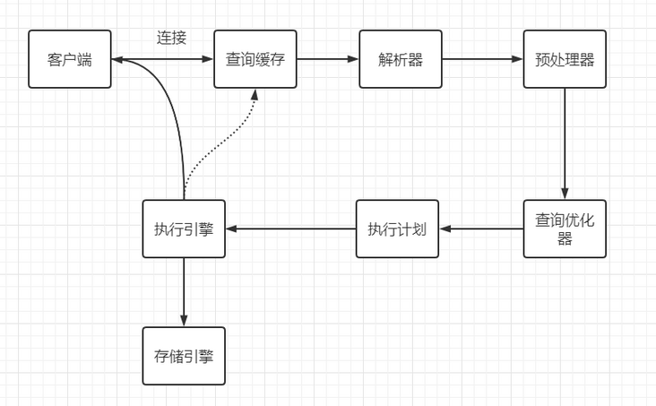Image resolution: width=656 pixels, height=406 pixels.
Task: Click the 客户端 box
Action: coord(70,59)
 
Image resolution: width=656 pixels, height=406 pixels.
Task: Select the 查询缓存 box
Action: coord(255,59)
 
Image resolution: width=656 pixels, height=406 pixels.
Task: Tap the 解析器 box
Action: coord(401,59)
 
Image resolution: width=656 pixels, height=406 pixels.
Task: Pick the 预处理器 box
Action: coord(565,59)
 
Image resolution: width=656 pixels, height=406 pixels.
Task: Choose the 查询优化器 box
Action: coord(565,229)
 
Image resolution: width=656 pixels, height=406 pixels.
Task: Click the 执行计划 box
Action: coord(397,229)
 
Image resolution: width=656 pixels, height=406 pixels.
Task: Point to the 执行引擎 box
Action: coord(184,229)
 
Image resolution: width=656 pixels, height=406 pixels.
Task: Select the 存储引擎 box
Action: coord(184,356)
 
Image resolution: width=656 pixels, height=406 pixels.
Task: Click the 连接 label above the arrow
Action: coord(171,38)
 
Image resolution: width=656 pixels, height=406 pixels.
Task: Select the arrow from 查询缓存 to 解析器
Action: coord(328,60)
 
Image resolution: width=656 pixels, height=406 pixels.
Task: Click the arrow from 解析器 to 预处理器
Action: coord(482,60)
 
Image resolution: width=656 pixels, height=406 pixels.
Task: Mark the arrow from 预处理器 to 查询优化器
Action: coord(565,143)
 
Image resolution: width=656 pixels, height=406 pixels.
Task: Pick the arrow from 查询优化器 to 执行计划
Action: coord(481,229)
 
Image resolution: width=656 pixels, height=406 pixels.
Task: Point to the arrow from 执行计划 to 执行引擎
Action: coord(290,229)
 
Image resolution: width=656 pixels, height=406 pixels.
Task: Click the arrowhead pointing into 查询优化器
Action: coord(565,194)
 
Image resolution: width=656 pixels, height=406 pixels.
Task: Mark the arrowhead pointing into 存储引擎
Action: coord(184,322)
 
